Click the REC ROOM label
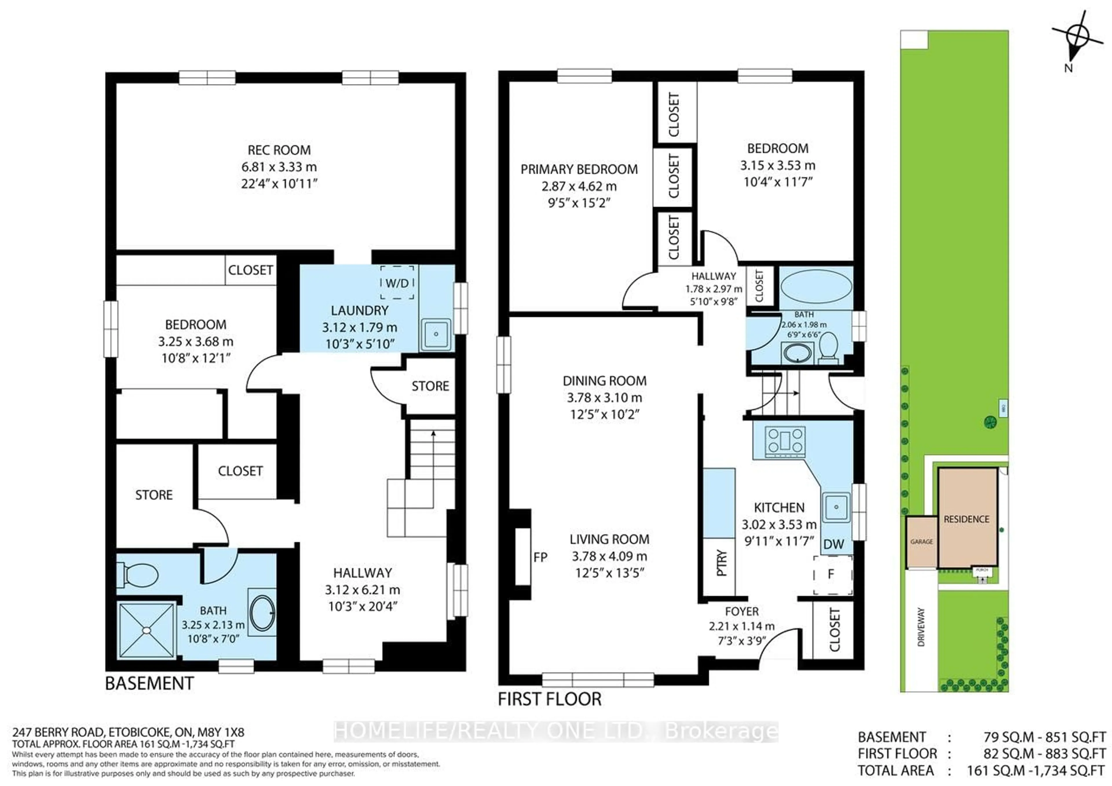(279, 150)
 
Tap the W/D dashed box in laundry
(397, 283)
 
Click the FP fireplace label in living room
(540, 557)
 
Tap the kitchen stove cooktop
(784, 442)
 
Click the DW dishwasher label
(833, 544)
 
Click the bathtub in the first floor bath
(817, 287)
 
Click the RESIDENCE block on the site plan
(966, 519)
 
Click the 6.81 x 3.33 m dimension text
(279, 167)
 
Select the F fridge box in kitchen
(832, 574)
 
